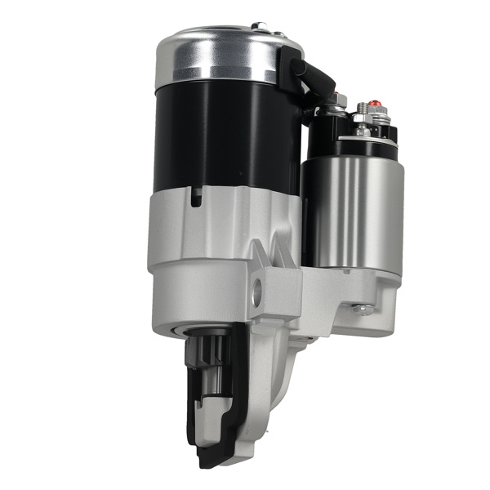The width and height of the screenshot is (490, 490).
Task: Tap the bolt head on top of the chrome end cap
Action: (x=260, y=26)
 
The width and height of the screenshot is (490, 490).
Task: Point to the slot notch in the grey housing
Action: (x=197, y=196)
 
